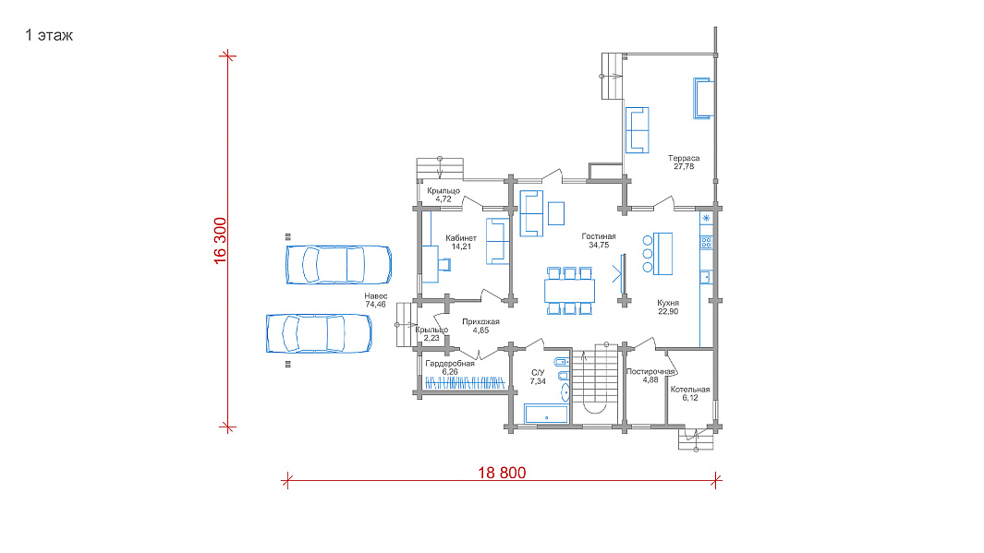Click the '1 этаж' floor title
coord(49,35)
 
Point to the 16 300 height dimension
coord(220,241)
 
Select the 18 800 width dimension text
coord(502,473)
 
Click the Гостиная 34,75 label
coord(599,241)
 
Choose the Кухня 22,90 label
coord(668,307)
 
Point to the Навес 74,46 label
coord(376,300)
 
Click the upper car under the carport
coord(339,265)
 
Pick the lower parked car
coord(319,333)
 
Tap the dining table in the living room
coord(570,291)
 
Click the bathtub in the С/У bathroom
coord(546,415)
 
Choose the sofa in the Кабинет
coord(497,241)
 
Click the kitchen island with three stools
coord(662,253)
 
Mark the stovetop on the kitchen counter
coord(706,243)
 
